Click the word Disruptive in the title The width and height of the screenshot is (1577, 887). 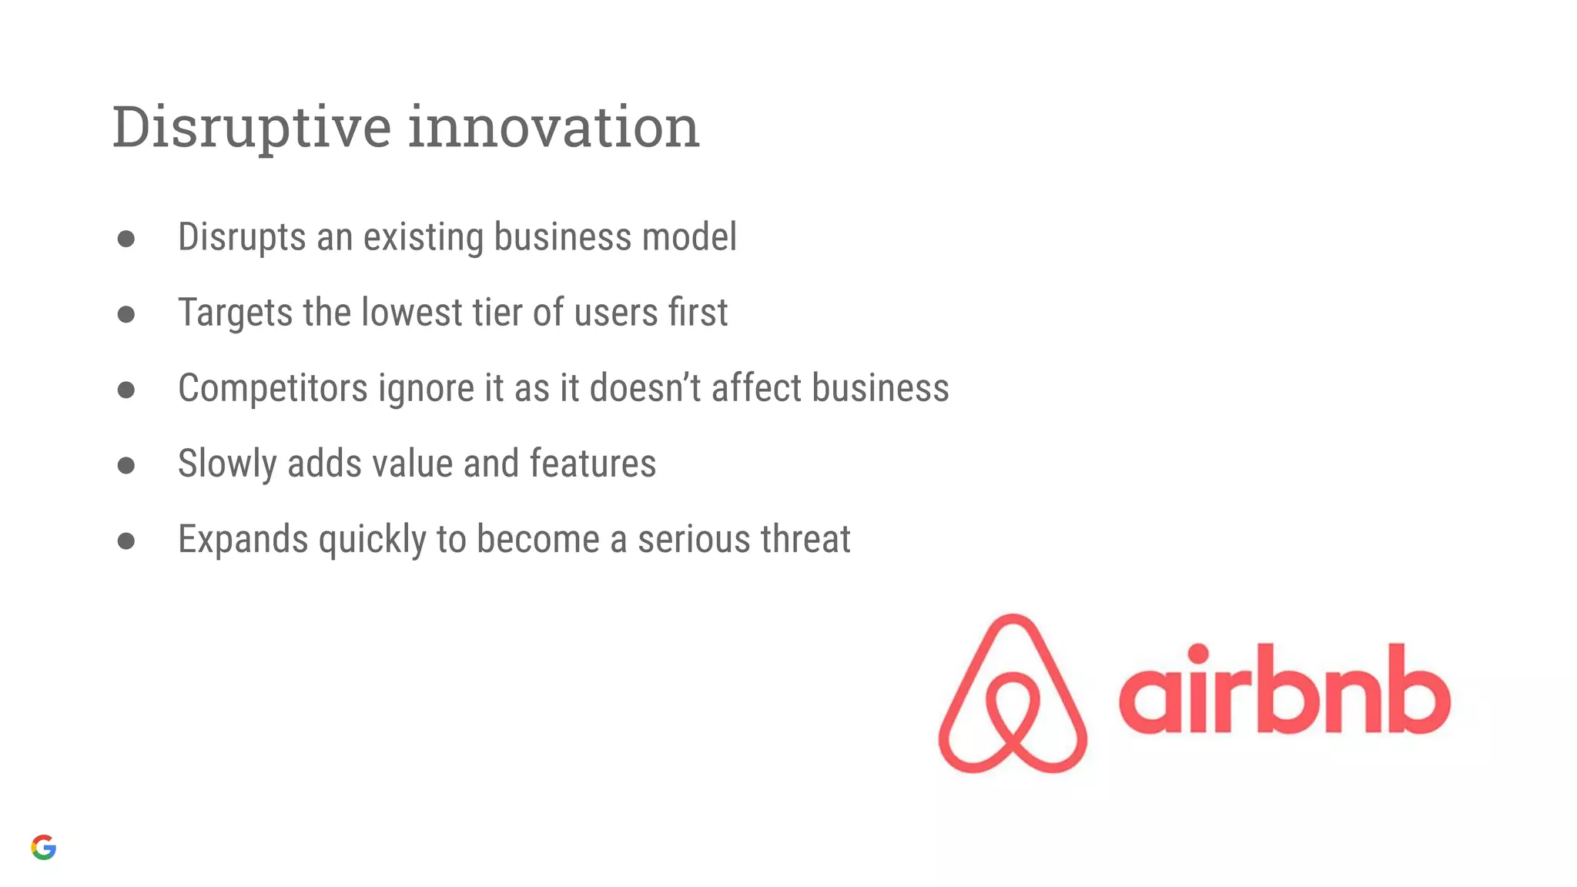[252, 128]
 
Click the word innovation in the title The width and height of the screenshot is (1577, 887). [553, 128]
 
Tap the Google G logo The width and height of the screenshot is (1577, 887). [44, 847]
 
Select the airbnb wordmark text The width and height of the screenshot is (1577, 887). [1284, 689]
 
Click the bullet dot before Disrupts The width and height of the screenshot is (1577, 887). [126, 239]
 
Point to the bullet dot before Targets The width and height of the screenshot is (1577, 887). [126, 314]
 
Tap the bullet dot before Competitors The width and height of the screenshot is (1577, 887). [126, 390]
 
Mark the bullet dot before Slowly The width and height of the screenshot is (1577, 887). [126, 465]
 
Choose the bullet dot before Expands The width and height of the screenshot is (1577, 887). [126, 541]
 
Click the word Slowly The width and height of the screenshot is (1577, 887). [227, 464]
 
